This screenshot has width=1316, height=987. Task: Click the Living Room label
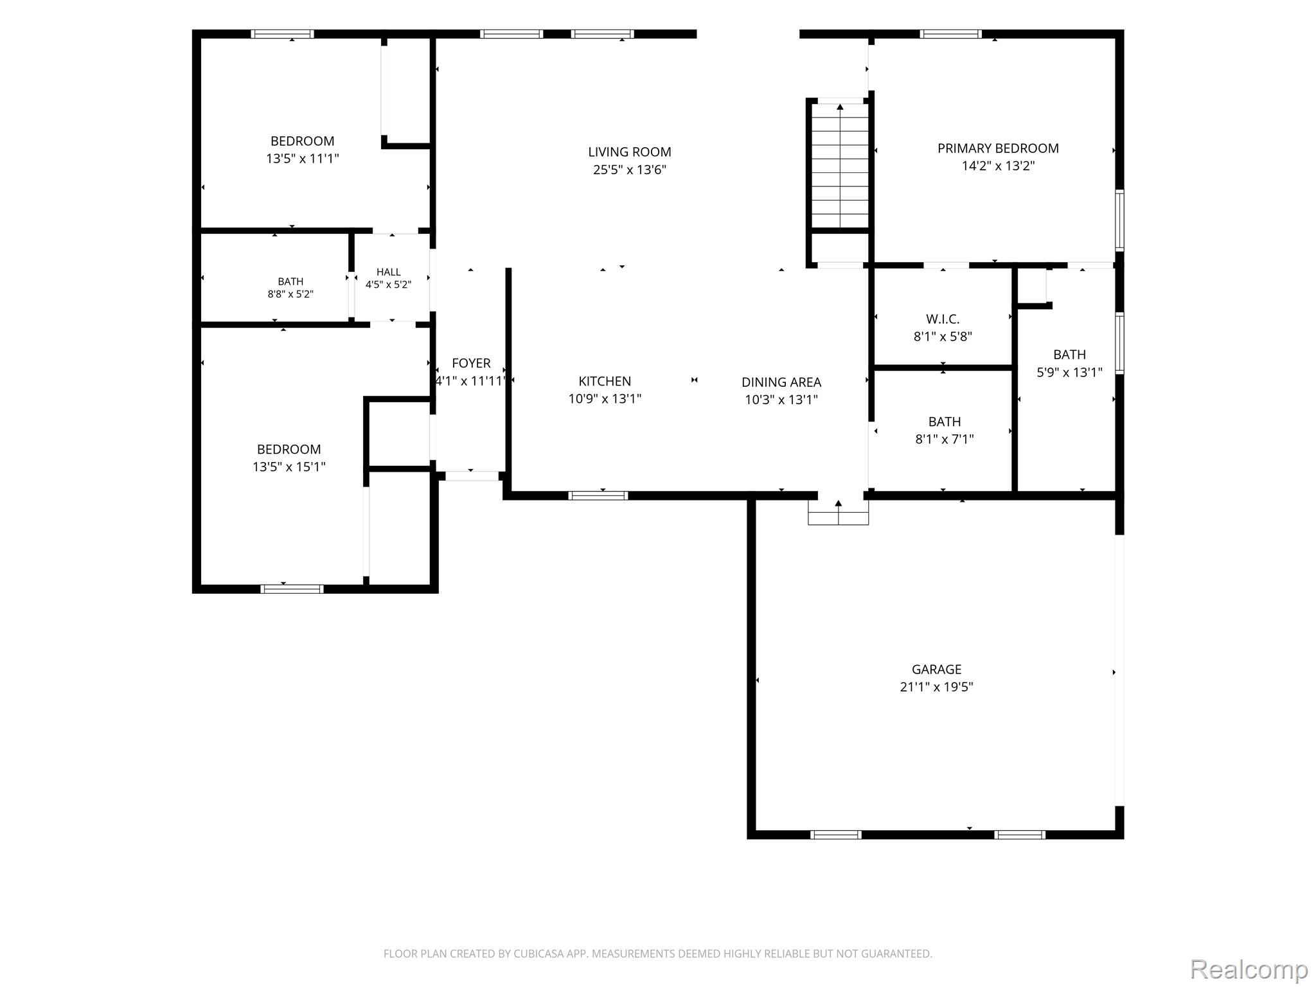630,152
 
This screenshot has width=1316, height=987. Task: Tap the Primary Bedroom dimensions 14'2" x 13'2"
998,166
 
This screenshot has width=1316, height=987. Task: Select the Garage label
936,670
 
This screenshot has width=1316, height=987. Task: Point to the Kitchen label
605,381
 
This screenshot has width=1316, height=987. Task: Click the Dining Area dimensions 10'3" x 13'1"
781,400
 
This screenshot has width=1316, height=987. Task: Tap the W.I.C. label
943,319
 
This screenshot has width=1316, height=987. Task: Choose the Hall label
389,272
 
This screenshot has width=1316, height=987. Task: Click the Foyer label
471,363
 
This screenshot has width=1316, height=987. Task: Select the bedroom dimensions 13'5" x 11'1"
303,158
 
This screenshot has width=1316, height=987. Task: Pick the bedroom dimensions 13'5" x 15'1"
289,467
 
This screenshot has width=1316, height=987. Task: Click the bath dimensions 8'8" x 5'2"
290,294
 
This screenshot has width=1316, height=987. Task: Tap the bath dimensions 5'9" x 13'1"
1070,372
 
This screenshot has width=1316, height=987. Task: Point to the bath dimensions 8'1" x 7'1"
945,440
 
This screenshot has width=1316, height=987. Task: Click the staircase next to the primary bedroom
840,166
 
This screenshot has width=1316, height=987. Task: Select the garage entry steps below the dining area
839,511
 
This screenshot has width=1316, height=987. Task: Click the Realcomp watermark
1249,969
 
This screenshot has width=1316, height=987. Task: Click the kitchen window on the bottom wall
598,495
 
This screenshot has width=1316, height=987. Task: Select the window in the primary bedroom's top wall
951,34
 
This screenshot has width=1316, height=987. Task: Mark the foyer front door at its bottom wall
472,476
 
